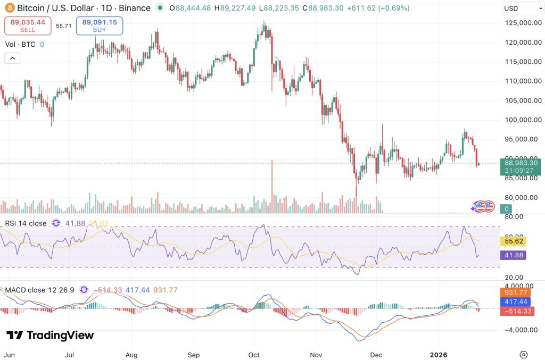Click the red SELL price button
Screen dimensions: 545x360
pyautogui.click(x=28, y=26)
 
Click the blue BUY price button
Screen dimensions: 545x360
pyautogui.click(x=100, y=26)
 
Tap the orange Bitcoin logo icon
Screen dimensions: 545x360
pyautogui.click(x=10, y=8)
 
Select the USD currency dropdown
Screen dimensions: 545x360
pyautogui.click(x=523, y=9)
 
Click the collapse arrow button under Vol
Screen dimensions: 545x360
pyautogui.click(x=12, y=58)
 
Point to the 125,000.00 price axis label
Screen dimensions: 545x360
pyautogui.click(x=523, y=23)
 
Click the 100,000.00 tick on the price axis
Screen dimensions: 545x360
pyautogui.click(x=523, y=120)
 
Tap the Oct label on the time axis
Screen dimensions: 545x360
pyautogui.click(x=254, y=355)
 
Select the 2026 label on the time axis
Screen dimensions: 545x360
pyautogui.click(x=439, y=355)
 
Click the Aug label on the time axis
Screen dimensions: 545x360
pyautogui.click(x=131, y=355)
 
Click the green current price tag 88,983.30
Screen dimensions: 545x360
pyautogui.click(x=521, y=166)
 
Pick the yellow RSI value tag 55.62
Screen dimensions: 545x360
pyautogui.click(x=514, y=241)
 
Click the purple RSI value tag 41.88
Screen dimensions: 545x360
pyautogui.click(x=514, y=255)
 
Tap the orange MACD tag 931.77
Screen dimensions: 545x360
pyautogui.click(x=516, y=292)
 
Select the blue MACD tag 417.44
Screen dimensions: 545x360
pyautogui.click(x=516, y=302)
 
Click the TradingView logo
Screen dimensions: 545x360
pyautogui.click(x=50, y=335)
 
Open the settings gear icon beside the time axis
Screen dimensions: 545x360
pyautogui.click(x=524, y=355)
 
